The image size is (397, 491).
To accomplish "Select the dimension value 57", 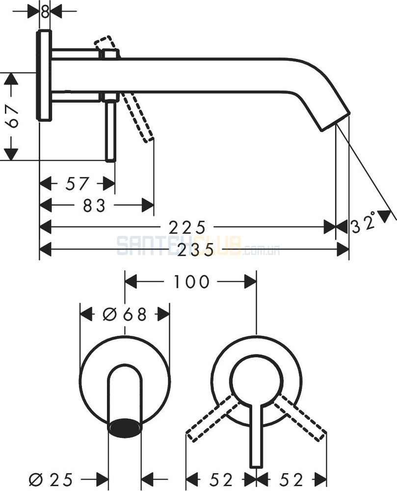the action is tap(77, 184).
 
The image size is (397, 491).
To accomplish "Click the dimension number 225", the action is tap(187, 228).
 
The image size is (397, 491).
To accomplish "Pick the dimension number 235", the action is tap(195, 249).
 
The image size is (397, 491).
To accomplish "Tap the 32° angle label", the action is tap(364, 223).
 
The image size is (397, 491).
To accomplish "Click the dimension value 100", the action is tap(191, 282).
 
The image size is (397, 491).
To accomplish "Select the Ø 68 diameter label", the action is tap(125, 314).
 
